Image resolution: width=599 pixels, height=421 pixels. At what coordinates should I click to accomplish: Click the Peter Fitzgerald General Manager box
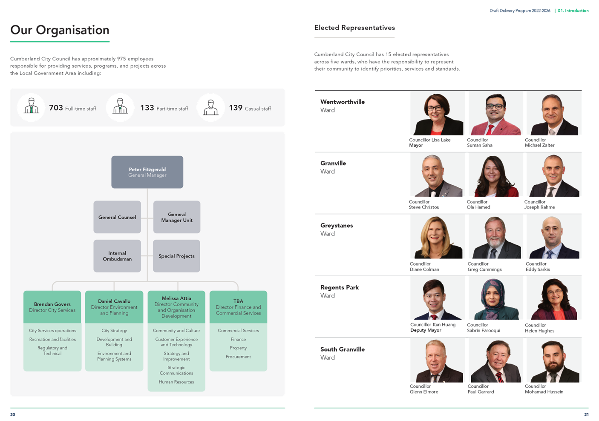[147, 172]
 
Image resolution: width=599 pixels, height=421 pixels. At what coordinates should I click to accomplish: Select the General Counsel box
[117, 217]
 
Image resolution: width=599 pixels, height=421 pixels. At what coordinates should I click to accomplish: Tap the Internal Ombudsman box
[117, 256]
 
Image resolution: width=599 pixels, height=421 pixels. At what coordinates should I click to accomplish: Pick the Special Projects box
[176, 256]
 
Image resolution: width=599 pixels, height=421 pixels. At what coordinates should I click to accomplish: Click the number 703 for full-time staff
[56, 108]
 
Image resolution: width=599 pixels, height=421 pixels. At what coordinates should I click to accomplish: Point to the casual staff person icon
[211, 107]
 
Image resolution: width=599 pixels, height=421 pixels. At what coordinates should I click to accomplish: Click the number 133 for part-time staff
[147, 108]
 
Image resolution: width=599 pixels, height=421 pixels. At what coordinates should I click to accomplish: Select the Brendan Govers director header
[52, 307]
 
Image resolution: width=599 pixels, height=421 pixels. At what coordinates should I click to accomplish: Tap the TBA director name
[238, 301]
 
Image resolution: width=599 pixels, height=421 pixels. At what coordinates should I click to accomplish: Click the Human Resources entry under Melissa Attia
[176, 382]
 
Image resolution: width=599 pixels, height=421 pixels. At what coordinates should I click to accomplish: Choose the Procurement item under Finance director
[238, 357]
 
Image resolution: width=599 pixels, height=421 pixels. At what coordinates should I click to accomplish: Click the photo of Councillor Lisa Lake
[437, 113]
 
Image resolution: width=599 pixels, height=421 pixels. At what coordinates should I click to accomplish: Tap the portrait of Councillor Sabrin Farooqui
[495, 298]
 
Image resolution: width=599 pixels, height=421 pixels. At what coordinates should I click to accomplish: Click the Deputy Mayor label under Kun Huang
[426, 330]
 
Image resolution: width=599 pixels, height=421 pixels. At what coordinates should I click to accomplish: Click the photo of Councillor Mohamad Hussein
[554, 361]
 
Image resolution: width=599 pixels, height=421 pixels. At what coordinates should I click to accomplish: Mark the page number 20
[13, 414]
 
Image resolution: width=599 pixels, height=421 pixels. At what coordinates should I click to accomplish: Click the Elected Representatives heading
[354, 28]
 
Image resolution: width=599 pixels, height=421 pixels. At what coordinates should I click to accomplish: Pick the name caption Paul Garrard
[481, 392]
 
